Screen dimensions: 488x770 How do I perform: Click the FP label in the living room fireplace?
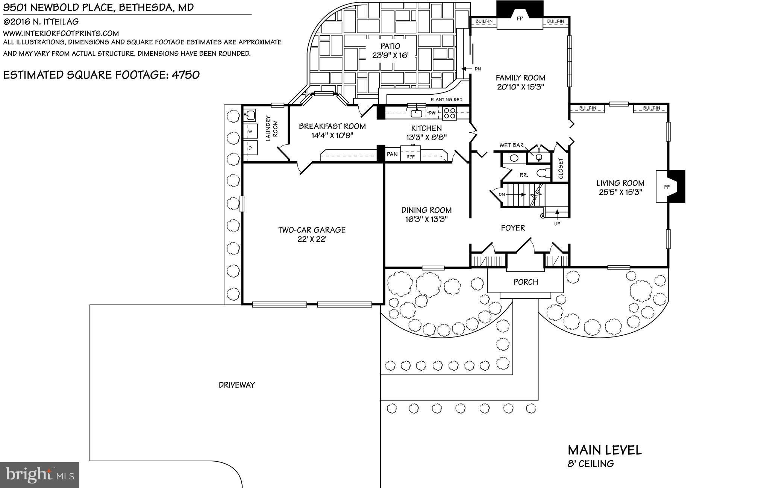(667, 187)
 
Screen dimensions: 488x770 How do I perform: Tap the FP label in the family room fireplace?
(520, 18)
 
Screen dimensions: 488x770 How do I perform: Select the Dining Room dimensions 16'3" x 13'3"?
(426, 220)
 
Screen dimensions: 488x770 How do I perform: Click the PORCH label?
(526, 282)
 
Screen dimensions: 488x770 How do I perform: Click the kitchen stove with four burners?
(449, 113)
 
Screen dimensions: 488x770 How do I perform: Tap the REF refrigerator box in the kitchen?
(411, 157)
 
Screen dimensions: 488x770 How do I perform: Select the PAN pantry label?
(392, 154)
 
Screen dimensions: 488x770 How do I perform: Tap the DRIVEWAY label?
(237, 385)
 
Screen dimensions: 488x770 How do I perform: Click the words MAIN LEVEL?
(605, 450)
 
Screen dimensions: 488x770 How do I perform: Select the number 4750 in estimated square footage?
(186, 75)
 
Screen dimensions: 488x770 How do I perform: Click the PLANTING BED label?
(446, 100)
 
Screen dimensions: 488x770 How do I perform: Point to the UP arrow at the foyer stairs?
(557, 216)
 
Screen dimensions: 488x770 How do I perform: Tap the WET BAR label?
(511, 145)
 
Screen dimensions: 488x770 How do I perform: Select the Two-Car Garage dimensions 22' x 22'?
(312, 239)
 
